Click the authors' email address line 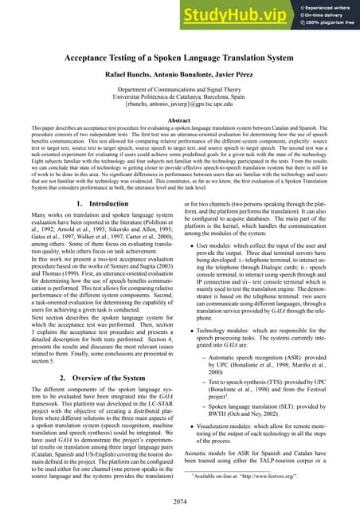click(180, 113)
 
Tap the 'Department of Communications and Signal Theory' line click(180, 95)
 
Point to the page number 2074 click(180, 500)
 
